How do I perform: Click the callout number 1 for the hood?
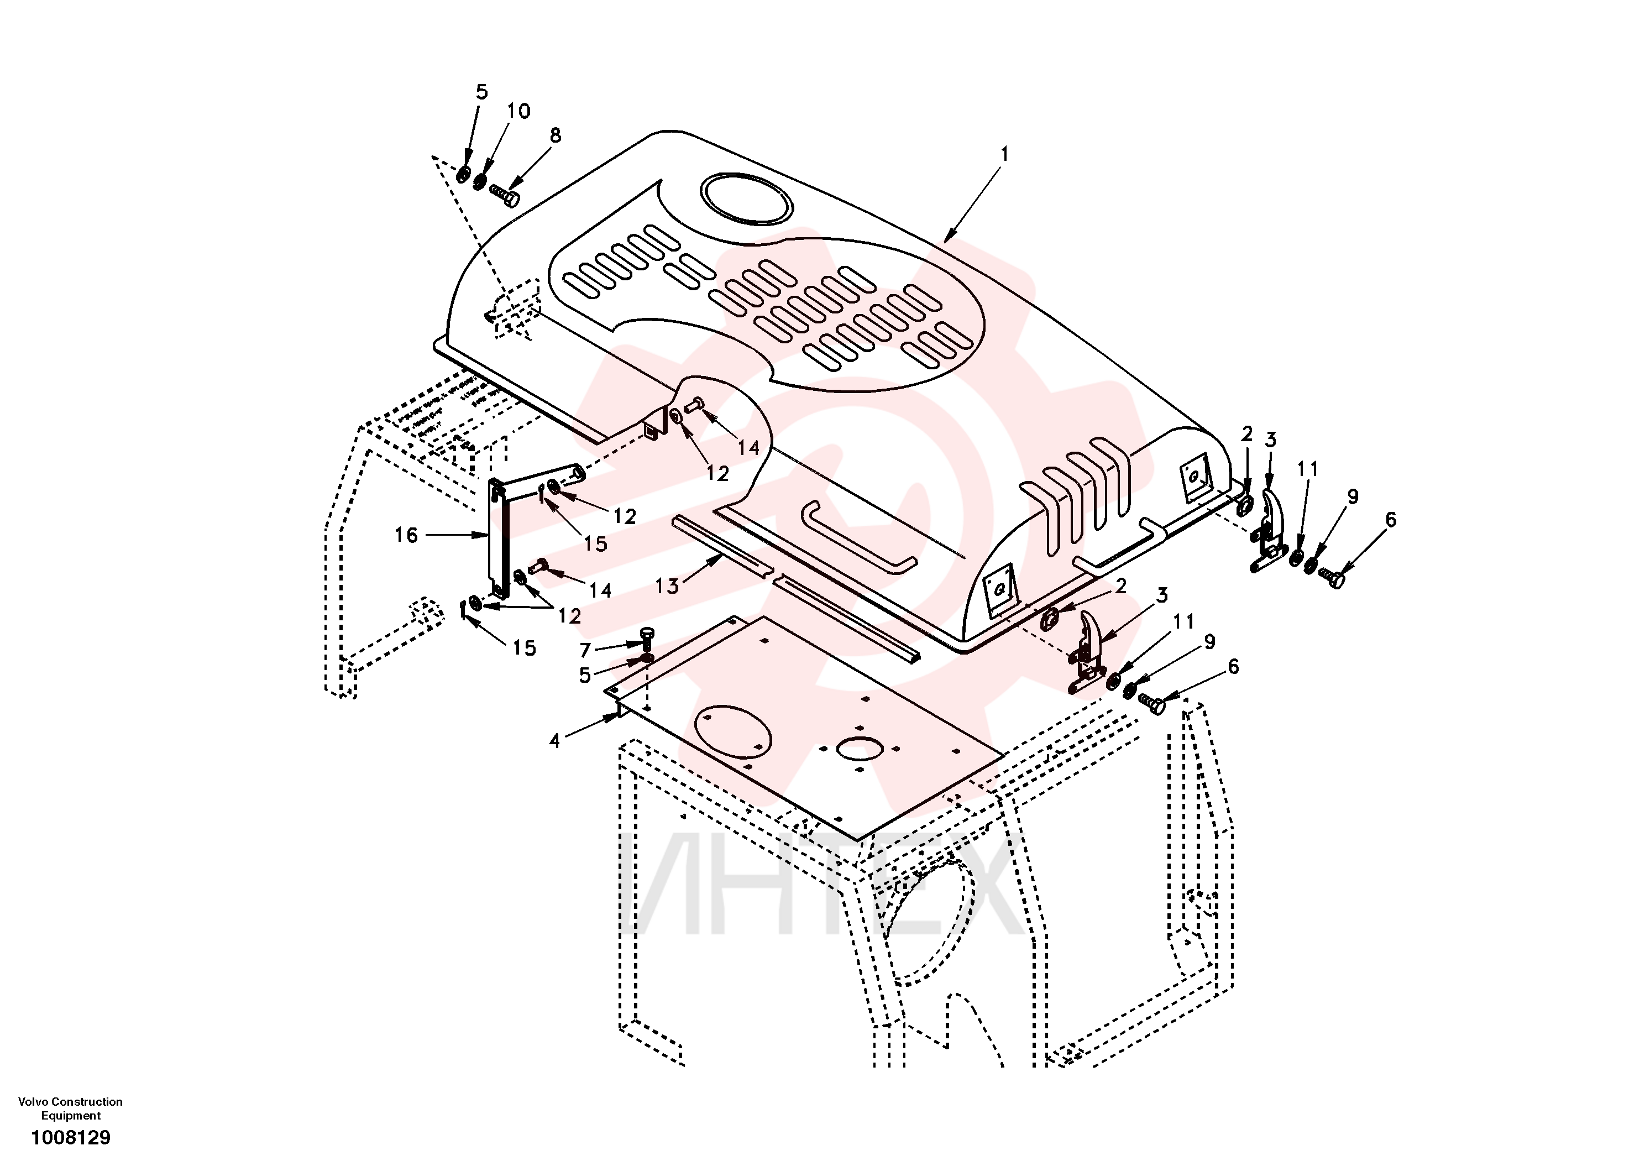point(1004,154)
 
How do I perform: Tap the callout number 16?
point(406,535)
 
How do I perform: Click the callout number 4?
point(554,741)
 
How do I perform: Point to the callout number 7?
point(585,651)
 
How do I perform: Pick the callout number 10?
point(518,111)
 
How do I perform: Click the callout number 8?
point(556,135)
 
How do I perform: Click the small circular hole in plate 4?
point(859,748)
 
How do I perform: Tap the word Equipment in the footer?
point(70,1116)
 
